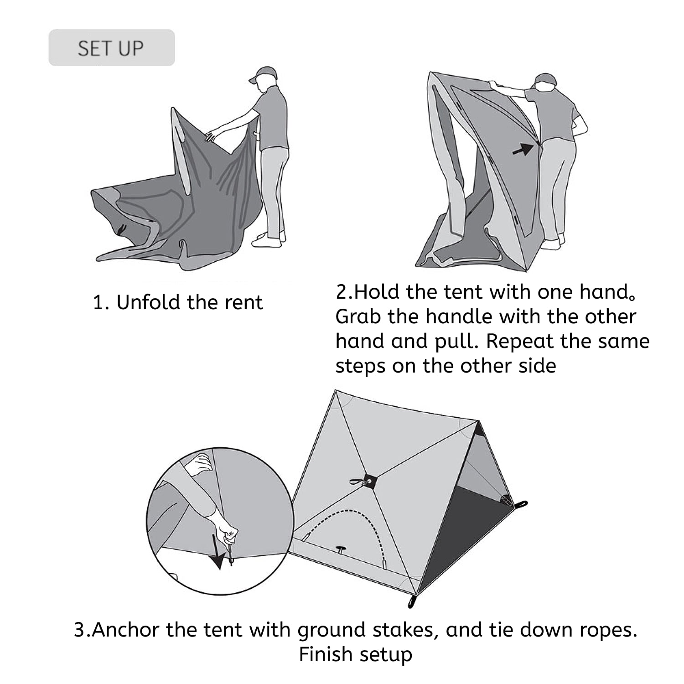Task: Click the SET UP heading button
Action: tap(111, 48)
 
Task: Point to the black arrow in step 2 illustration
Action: tap(523, 149)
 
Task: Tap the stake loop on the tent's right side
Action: tap(521, 504)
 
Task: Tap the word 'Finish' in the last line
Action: tap(325, 654)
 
